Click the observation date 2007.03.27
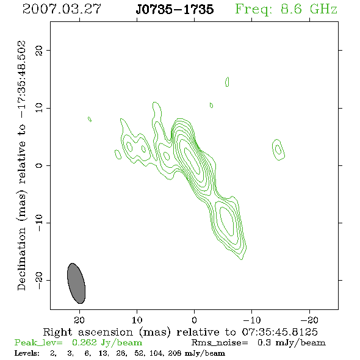click(x=62, y=9)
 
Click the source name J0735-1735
click(x=175, y=9)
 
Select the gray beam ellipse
click(x=76, y=283)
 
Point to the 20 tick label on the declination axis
click(x=39, y=50)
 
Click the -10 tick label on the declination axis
click(x=39, y=223)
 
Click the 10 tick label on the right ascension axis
click(x=137, y=320)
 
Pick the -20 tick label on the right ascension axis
click(x=309, y=320)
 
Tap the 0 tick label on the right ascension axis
click(x=194, y=320)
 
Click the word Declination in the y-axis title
click(x=21, y=259)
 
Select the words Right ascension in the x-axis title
click(x=88, y=332)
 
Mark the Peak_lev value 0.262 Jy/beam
click(x=107, y=343)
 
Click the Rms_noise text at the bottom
click(x=220, y=342)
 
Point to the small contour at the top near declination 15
click(x=227, y=82)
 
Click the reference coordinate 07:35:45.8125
click(x=279, y=332)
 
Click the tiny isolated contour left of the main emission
click(x=90, y=119)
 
